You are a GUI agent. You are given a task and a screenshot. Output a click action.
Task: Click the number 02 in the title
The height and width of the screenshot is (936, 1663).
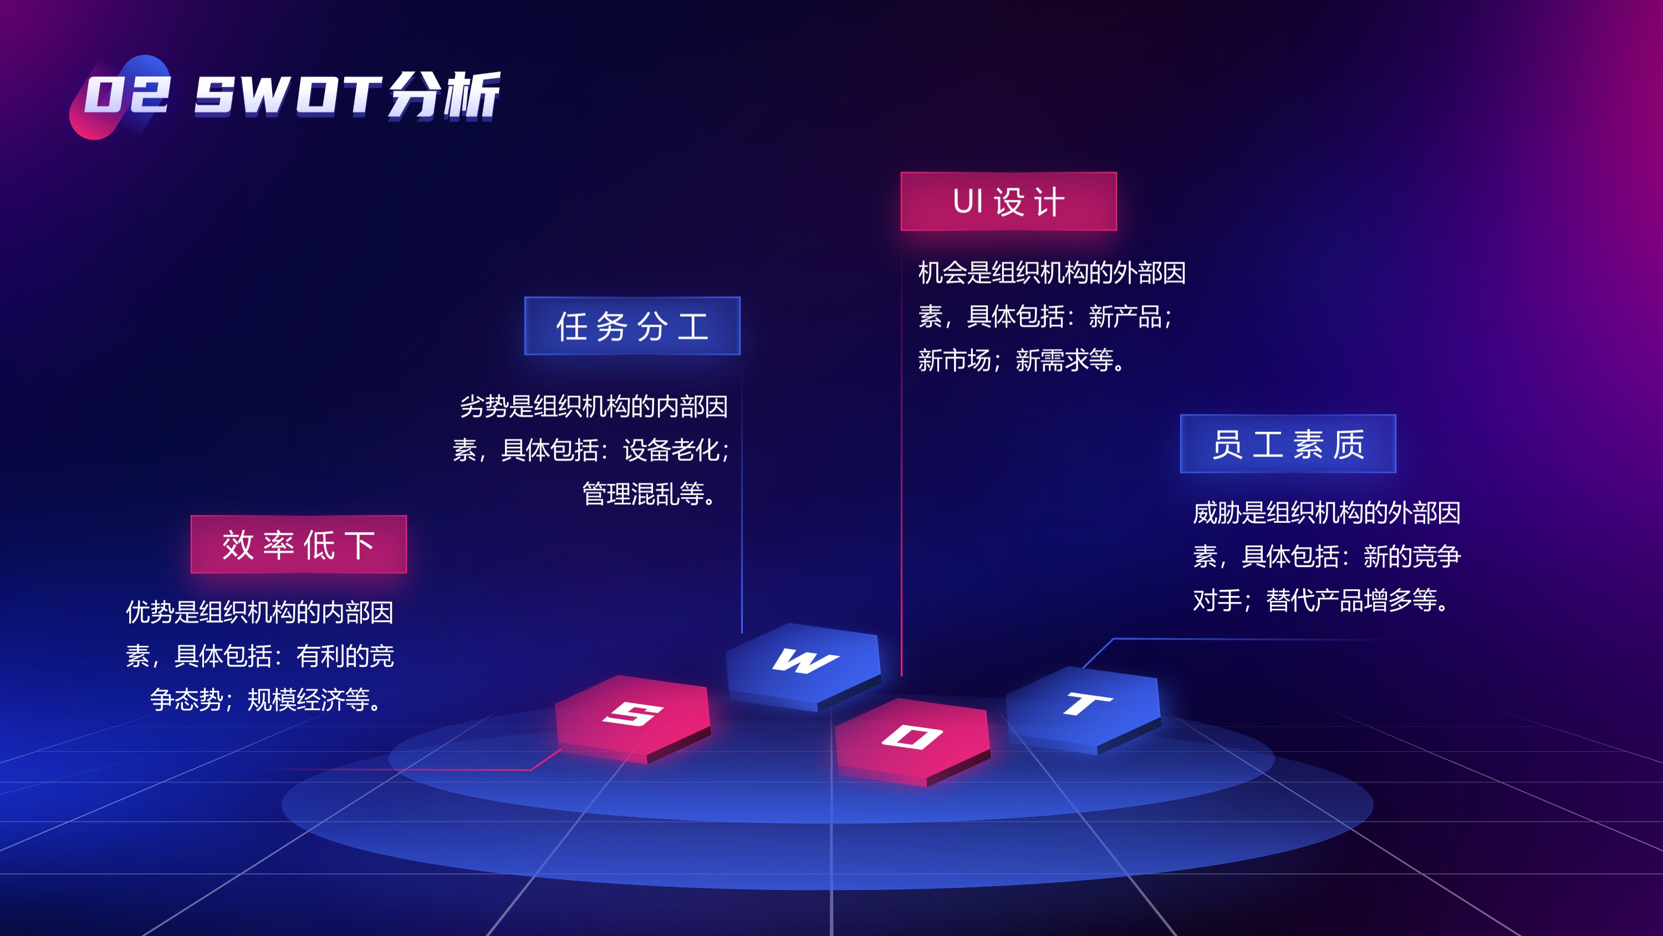pos(127,95)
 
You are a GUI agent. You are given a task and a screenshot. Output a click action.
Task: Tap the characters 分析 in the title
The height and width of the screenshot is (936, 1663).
pos(444,95)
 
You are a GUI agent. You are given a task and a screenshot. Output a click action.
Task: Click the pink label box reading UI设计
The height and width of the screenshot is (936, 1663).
pos(1008,201)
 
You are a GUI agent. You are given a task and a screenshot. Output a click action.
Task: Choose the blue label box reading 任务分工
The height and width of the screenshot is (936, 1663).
pos(632,326)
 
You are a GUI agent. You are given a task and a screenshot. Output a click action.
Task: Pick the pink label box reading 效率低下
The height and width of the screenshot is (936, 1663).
pos(298,544)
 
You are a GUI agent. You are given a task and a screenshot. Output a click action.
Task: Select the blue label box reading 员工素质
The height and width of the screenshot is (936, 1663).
pos(1288,443)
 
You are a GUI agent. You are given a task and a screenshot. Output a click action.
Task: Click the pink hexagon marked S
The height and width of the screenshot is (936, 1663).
pos(632,719)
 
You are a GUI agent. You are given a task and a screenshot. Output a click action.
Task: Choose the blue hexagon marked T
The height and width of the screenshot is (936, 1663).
pos(1083,709)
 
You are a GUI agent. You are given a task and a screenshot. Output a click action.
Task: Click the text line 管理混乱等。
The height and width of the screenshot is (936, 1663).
pos(651,494)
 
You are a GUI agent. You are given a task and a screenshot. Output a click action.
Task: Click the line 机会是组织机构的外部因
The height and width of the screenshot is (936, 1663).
pos(1052,272)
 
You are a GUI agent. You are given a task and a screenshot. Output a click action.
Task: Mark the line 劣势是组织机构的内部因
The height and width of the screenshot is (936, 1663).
pos(594,406)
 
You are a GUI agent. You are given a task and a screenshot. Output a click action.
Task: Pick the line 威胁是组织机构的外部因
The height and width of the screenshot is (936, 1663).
pos(1327,513)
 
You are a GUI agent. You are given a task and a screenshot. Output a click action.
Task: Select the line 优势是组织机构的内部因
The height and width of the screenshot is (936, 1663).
pos(259,612)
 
